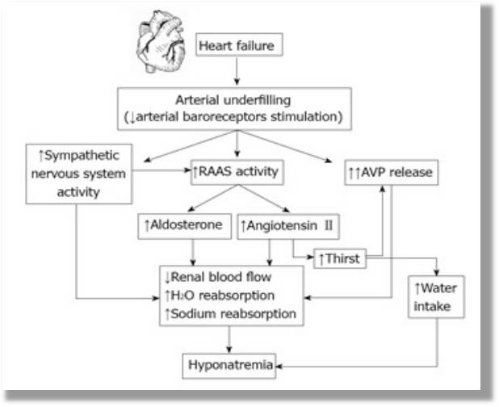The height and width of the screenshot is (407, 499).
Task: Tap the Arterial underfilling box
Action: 236,107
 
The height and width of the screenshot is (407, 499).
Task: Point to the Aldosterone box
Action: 182,226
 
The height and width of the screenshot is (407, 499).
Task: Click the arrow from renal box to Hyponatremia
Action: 229,339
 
